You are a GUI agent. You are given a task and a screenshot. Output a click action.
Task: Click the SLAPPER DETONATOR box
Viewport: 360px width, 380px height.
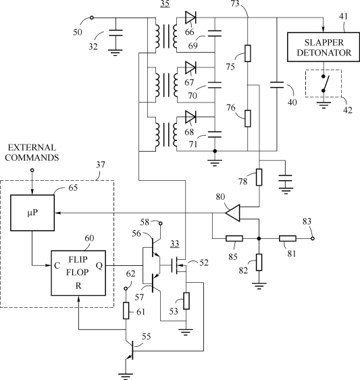(x=324, y=47)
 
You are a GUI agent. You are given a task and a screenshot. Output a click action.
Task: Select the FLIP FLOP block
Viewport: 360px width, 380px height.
(x=78, y=273)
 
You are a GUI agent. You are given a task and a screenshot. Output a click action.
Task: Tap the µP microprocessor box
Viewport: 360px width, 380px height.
(x=32, y=213)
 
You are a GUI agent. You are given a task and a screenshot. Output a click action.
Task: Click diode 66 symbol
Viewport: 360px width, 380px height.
(x=190, y=18)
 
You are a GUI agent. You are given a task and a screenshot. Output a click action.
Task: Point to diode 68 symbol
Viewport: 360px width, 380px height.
(x=190, y=117)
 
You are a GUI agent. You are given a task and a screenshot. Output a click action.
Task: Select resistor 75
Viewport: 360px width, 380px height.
(x=247, y=53)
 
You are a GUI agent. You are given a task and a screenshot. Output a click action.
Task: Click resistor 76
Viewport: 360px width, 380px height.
(x=247, y=118)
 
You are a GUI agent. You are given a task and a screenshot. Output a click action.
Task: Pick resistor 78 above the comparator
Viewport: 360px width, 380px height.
(x=259, y=177)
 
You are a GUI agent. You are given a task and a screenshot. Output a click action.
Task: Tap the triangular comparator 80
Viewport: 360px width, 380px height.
(x=232, y=213)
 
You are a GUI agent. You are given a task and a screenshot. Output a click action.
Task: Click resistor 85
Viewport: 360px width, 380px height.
(x=234, y=238)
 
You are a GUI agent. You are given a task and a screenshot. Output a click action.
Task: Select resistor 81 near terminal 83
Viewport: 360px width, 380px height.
(x=288, y=238)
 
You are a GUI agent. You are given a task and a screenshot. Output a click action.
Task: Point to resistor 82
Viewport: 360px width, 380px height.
(x=259, y=262)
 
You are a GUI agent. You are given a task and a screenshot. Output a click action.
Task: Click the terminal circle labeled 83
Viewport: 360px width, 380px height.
(x=313, y=238)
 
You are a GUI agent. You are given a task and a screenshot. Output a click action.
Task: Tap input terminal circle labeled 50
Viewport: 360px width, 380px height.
(x=91, y=18)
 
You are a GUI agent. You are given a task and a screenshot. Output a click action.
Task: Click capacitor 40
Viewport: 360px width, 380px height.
(x=277, y=85)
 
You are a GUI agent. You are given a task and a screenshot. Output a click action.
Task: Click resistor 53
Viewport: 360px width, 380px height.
(x=186, y=301)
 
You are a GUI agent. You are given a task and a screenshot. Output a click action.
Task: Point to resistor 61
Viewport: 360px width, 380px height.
(x=126, y=310)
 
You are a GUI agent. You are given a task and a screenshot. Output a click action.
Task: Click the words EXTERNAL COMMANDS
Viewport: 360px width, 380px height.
(x=32, y=153)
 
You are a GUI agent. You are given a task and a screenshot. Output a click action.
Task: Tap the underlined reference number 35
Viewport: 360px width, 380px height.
(x=165, y=3)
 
